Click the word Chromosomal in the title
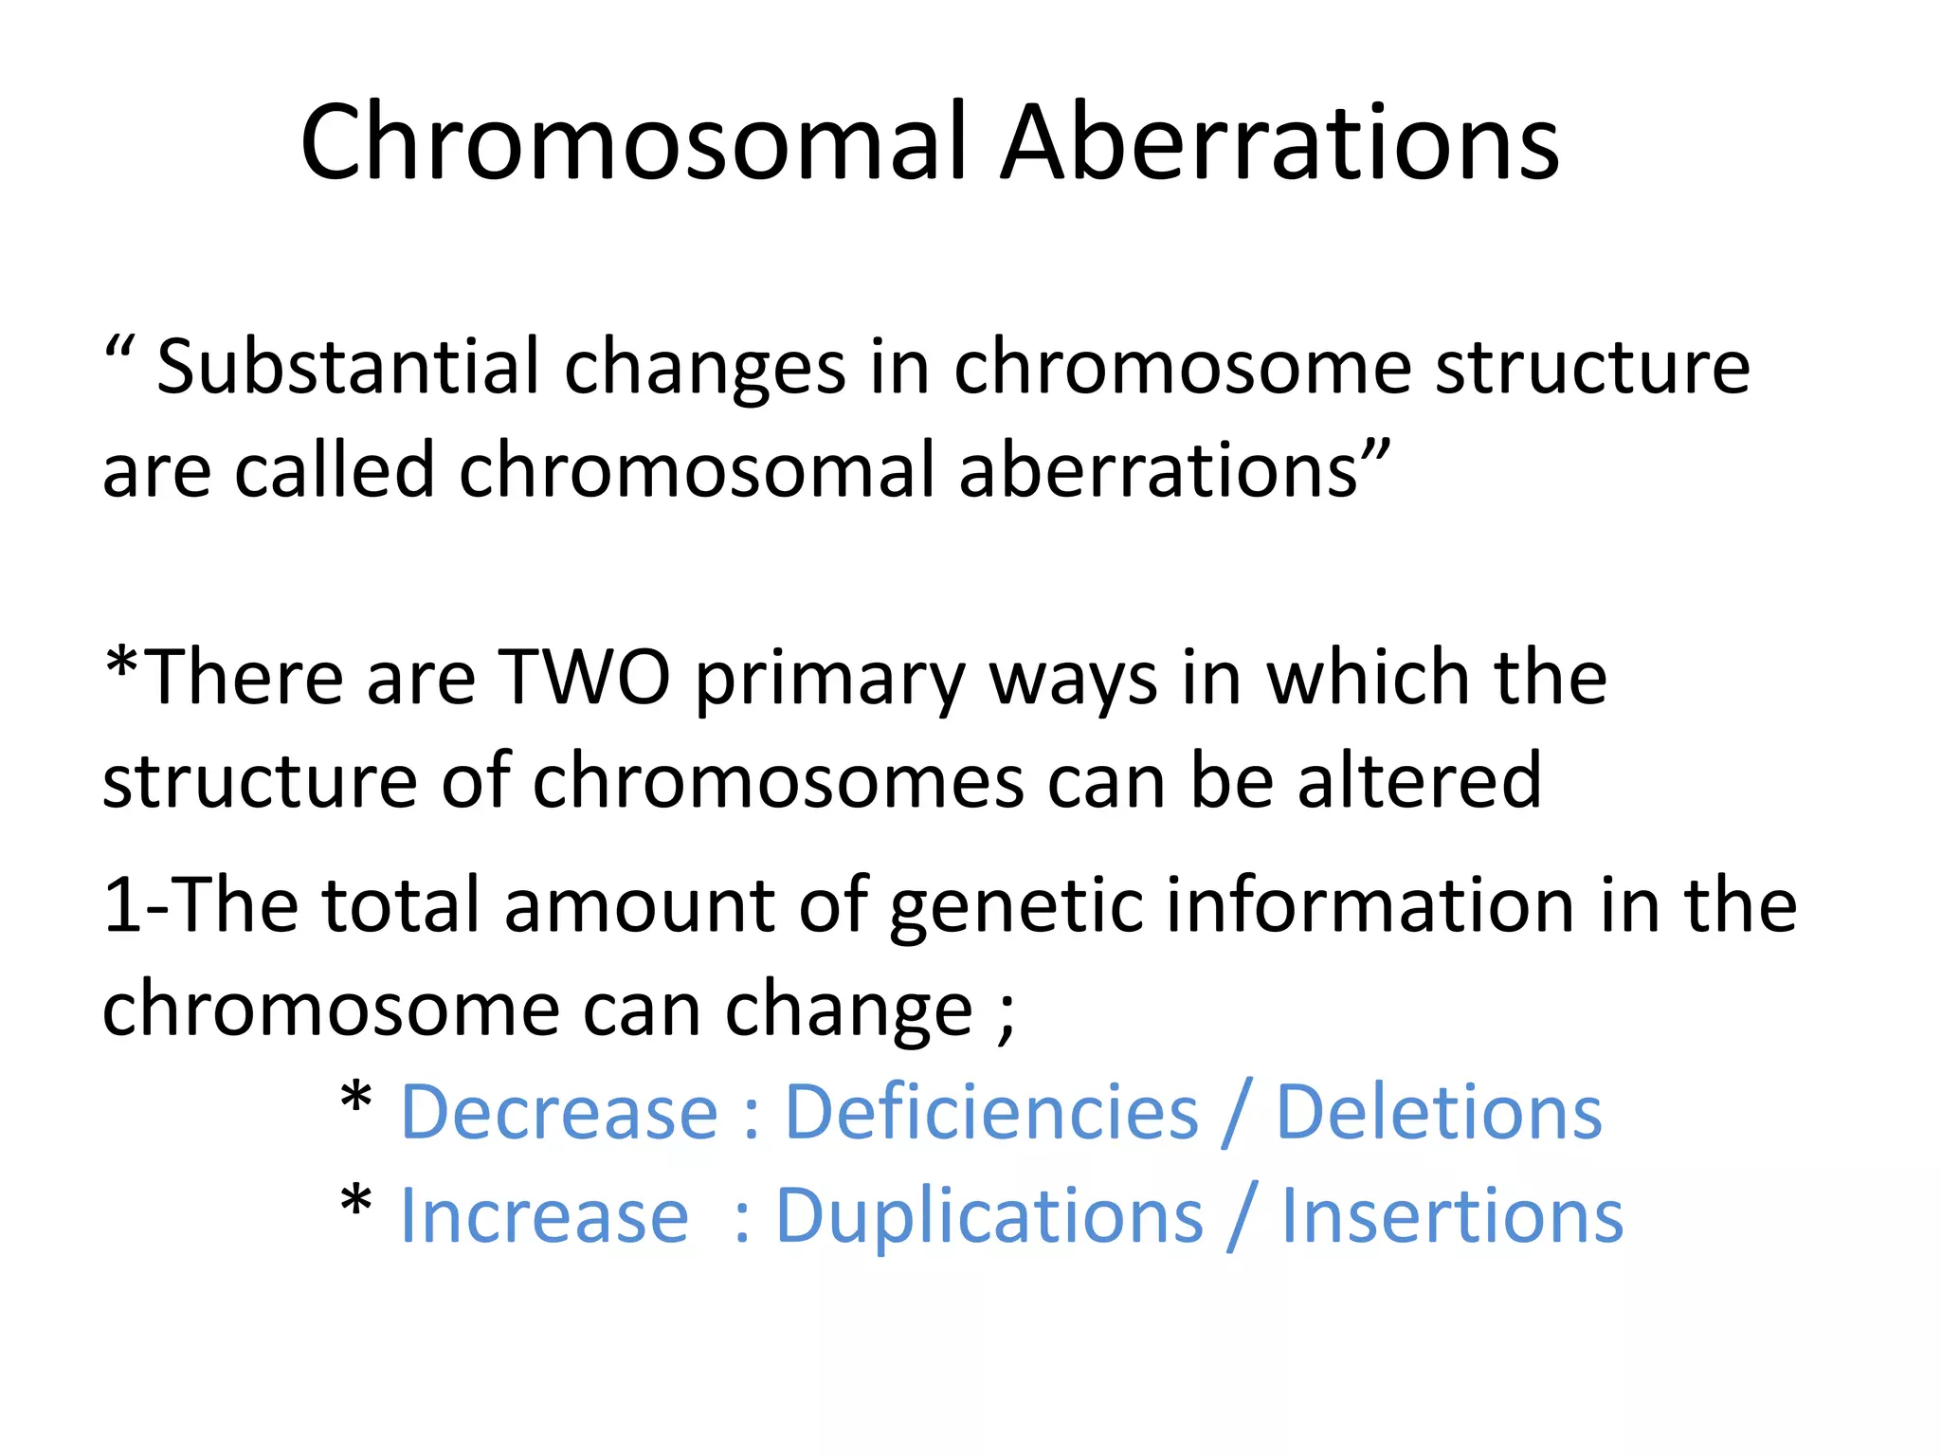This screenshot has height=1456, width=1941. tap(633, 144)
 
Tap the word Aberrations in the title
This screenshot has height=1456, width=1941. tap(1279, 144)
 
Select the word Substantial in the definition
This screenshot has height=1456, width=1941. tap(348, 368)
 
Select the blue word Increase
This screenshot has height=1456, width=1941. tap(544, 1216)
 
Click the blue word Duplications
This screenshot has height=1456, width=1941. tap(989, 1218)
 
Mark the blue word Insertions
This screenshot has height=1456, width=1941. tap(1452, 1216)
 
